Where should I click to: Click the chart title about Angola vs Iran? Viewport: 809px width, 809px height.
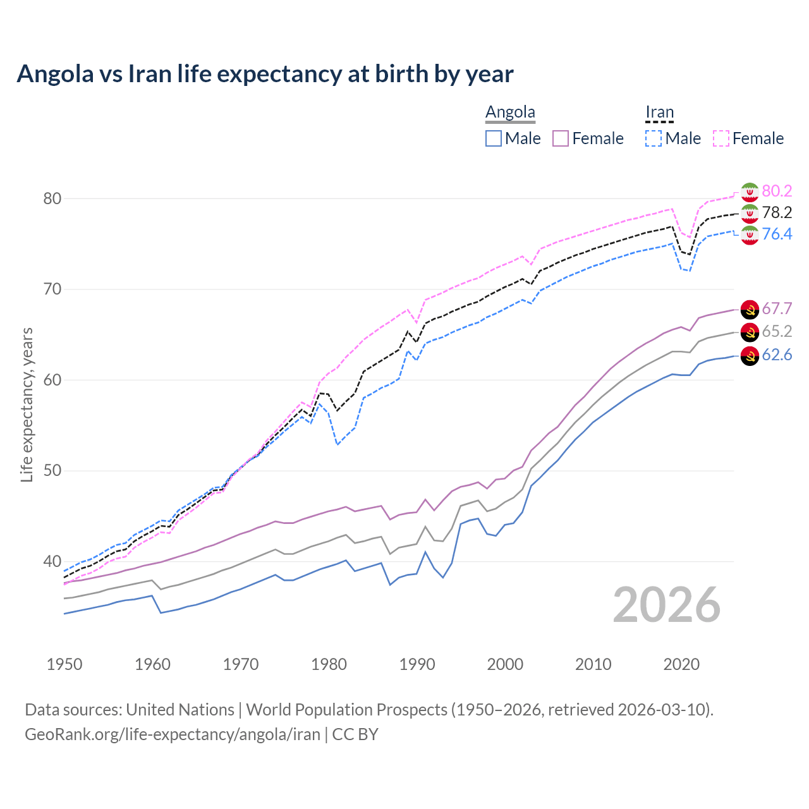pyautogui.click(x=265, y=74)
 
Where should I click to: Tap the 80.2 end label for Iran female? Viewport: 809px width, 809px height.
pyautogui.click(x=777, y=191)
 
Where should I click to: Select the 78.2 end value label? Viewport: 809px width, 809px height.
pyautogui.click(x=777, y=212)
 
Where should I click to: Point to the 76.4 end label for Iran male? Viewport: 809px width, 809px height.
pyautogui.click(x=777, y=234)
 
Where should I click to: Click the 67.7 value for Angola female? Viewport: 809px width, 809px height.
pyautogui.click(x=777, y=308)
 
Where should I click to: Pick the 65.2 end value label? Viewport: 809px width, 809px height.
pyautogui.click(x=777, y=331)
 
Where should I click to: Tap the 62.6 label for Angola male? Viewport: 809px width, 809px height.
pyautogui.click(x=777, y=355)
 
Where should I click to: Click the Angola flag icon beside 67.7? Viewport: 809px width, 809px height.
pyautogui.click(x=750, y=309)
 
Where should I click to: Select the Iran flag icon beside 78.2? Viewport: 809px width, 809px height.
pyautogui.click(x=750, y=213)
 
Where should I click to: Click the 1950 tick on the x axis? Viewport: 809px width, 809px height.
pyautogui.click(x=64, y=664)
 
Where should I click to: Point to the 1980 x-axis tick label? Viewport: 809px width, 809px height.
pyautogui.click(x=329, y=664)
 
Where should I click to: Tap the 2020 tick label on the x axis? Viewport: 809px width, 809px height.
pyautogui.click(x=681, y=664)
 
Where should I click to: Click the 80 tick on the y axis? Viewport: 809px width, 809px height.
pyautogui.click(x=52, y=198)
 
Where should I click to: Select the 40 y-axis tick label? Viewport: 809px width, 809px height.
pyautogui.click(x=52, y=561)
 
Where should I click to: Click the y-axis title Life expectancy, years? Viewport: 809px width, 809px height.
pyautogui.click(x=27, y=404)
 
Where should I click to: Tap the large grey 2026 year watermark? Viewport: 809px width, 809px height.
pyautogui.click(x=667, y=605)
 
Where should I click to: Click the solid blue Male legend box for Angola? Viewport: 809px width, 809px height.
pyautogui.click(x=494, y=138)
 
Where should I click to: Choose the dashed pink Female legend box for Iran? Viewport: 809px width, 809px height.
pyautogui.click(x=721, y=138)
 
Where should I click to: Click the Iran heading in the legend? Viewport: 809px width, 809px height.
pyautogui.click(x=659, y=112)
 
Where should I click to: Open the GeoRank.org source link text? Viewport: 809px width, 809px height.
pyautogui.click(x=172, y=734)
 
